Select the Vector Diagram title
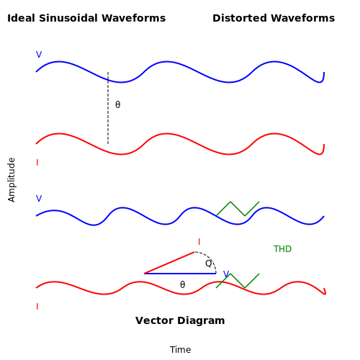[x=180, y=320]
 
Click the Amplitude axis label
[x=12, y=180]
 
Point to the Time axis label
[x=180, y=350]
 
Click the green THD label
[x=282, y=249]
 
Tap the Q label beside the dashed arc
[x=209, y=264]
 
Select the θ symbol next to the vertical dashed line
[x=117, y=104]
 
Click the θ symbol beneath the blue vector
[x=182, y=284]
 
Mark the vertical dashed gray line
[x=108, y=108]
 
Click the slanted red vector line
[x=169, y=263]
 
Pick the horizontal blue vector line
[x=180, y=274]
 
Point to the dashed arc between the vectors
[x=210, y=258]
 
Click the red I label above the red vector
[x=199, y=242]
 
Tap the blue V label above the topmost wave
[x=39, y=55]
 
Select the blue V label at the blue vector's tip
[x=226, y=274]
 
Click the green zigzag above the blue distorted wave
[x=238, y=209]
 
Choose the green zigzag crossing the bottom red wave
[x=238, y=281]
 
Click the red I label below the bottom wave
[x=37, y=307]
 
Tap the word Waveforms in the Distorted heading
[x=303, y=18]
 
